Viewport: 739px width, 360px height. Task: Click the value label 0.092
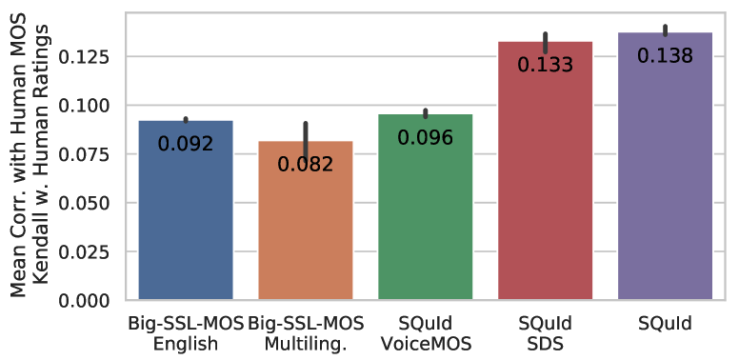click(186, 145)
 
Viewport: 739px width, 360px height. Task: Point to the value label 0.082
click(306, 165)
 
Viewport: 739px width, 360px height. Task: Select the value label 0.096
click(426, 137)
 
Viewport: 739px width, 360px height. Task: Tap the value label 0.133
click(546, 65)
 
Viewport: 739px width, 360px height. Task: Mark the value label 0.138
click(666, 55)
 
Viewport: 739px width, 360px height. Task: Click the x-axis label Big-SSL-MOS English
click(186, 333)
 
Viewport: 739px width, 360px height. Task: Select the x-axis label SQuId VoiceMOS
click(426, 333)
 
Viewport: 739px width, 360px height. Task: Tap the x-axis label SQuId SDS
click(546, 333)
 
